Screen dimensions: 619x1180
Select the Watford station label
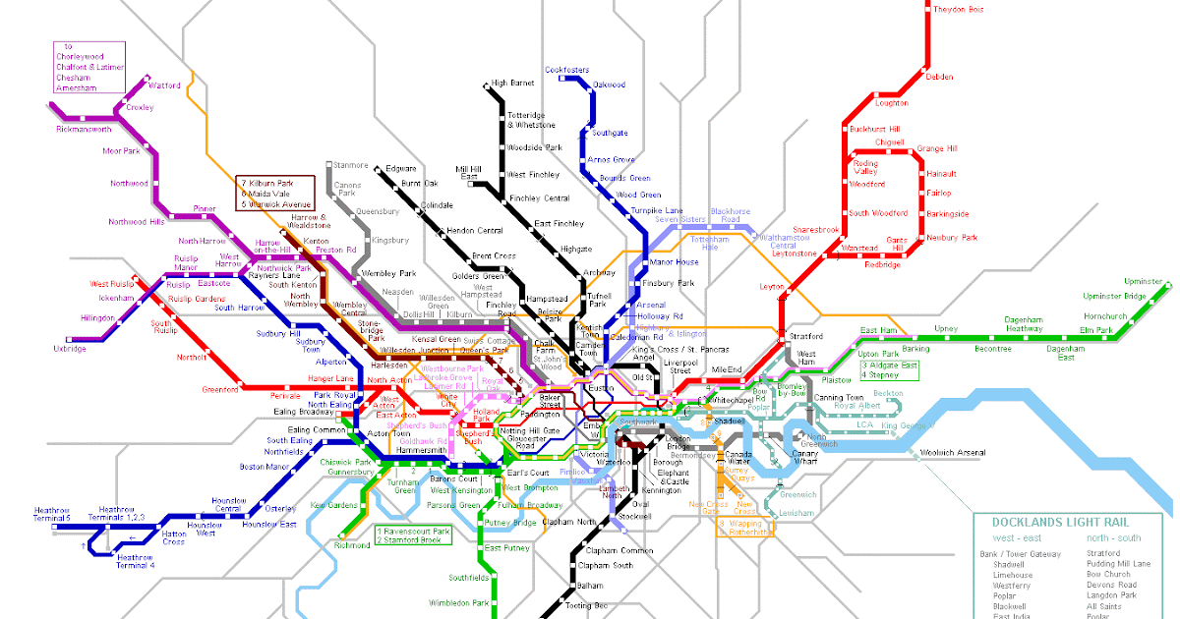point(164,85)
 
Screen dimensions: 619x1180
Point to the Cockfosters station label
point(567,70)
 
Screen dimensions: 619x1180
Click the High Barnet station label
point(512,84)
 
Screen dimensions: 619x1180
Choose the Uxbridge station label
point(70,349)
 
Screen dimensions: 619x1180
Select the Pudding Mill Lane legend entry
point(1119,564)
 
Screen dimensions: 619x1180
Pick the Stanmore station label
point(350,165)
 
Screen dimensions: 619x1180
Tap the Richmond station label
point(352,544)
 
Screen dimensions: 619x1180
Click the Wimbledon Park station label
point(458,602)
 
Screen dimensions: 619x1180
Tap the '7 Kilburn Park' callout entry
point(273,184)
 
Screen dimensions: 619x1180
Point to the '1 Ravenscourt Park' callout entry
point(412,531)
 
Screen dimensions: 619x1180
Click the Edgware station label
point(401,169)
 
